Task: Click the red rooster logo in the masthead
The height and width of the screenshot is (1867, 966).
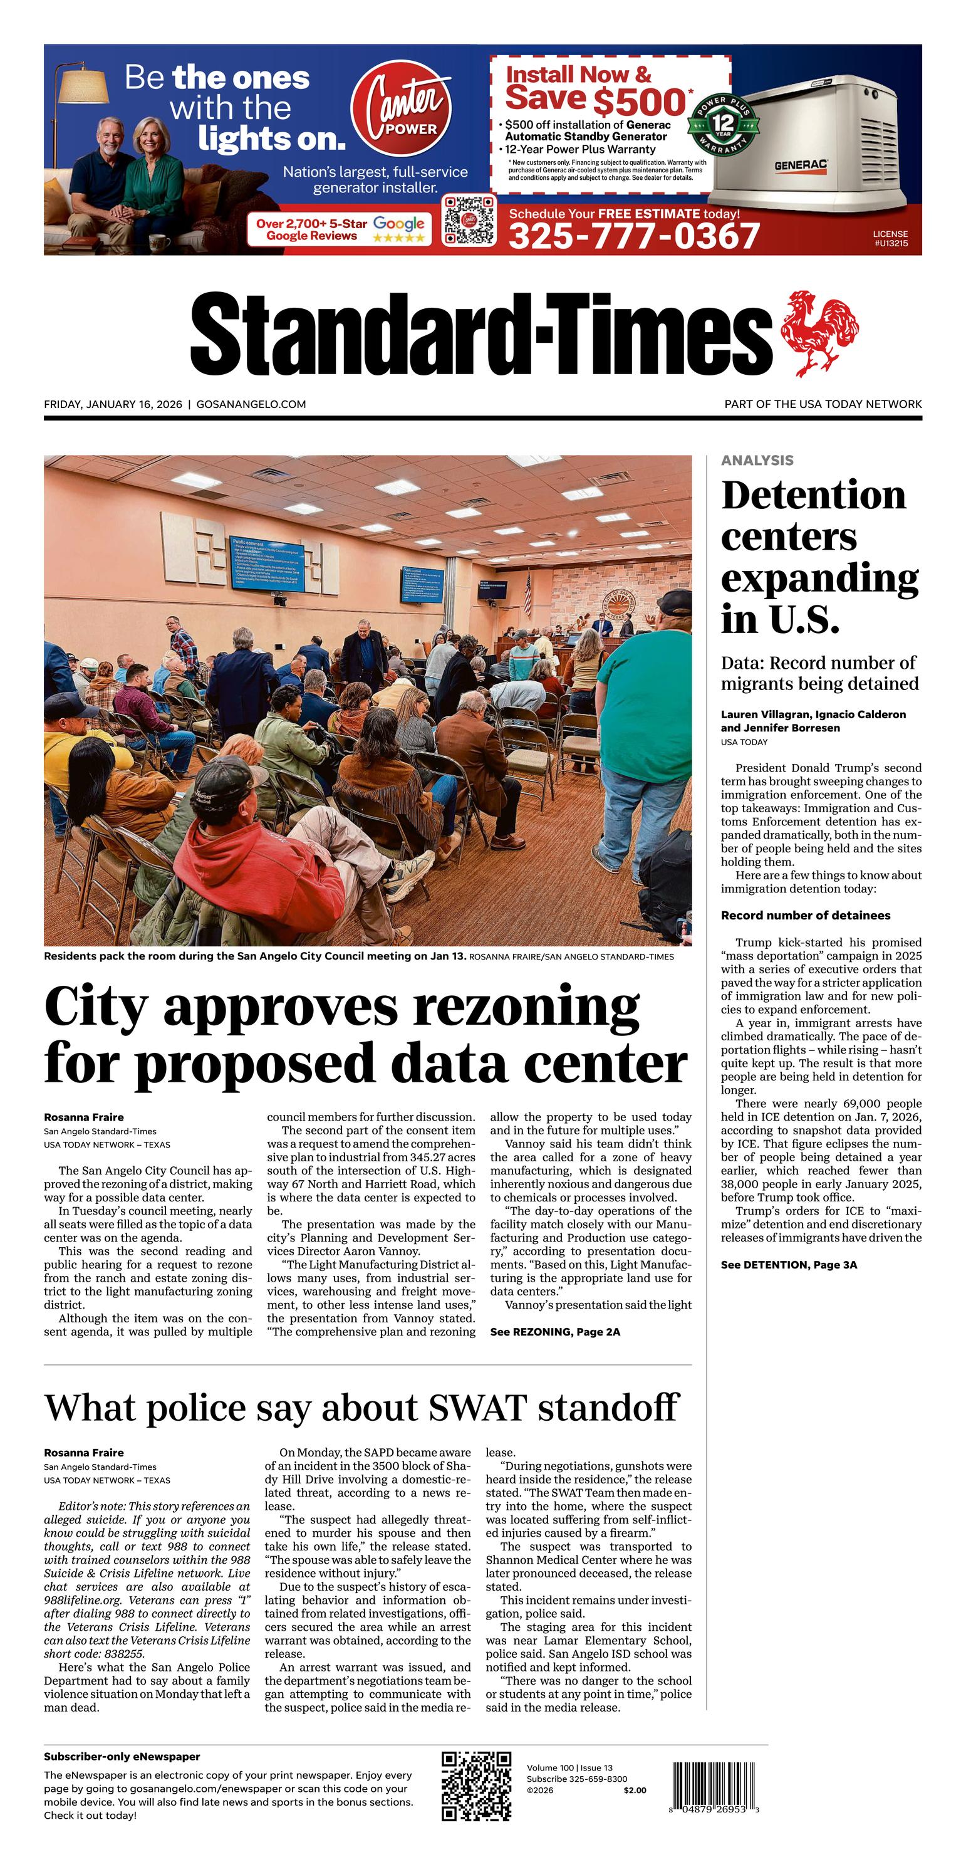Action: pyautogui.click(x=819, y=333)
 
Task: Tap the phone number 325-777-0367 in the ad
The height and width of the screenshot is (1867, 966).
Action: pyautogui.click(x=634, y=236)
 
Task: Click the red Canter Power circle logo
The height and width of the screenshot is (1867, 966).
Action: pyautogui.click(x=401, y=108)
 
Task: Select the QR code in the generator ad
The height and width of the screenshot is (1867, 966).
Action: pyautogui.click(x=470, y=219)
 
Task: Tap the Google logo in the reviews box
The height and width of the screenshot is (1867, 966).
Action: pyautogui.click(x=398, y=224)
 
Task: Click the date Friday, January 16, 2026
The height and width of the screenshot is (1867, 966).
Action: pyautogui.click(x=113, y=404)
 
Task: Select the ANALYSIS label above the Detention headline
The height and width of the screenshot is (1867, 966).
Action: pyautogui.click(x=757, y=460)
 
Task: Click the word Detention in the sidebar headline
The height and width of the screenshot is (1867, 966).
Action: pyautogui.click(x=813, y=496)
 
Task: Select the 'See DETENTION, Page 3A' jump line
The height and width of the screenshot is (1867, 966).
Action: pyautogui.click(x=789, y=1265)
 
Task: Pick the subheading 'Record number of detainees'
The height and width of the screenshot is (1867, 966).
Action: pyautogui.click(x=805, y=916)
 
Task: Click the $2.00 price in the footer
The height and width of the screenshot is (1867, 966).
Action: pyautogui.click(x=634, y=1790)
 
